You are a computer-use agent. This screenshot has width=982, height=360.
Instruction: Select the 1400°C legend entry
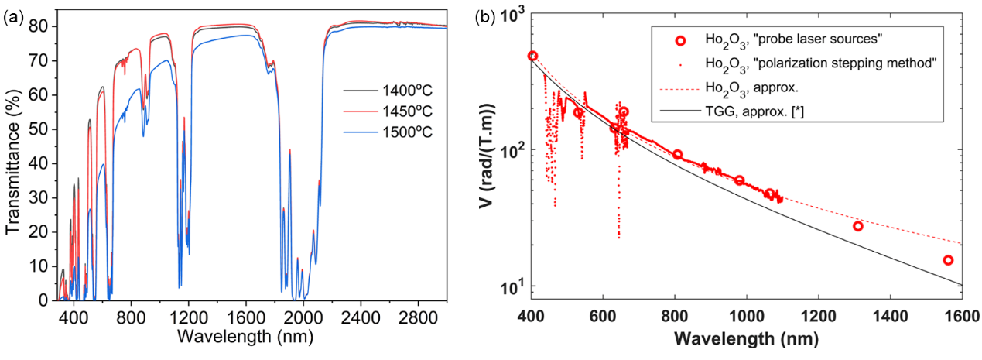[x=388, y=91]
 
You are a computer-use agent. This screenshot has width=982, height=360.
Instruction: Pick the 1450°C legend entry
[x=388, y=111]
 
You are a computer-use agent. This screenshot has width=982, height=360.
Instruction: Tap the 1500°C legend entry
[x=388, y=131]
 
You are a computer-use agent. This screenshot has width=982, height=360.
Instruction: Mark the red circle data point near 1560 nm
[x=947, y=260]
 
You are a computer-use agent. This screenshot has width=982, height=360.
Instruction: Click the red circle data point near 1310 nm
[x=857, y=226]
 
